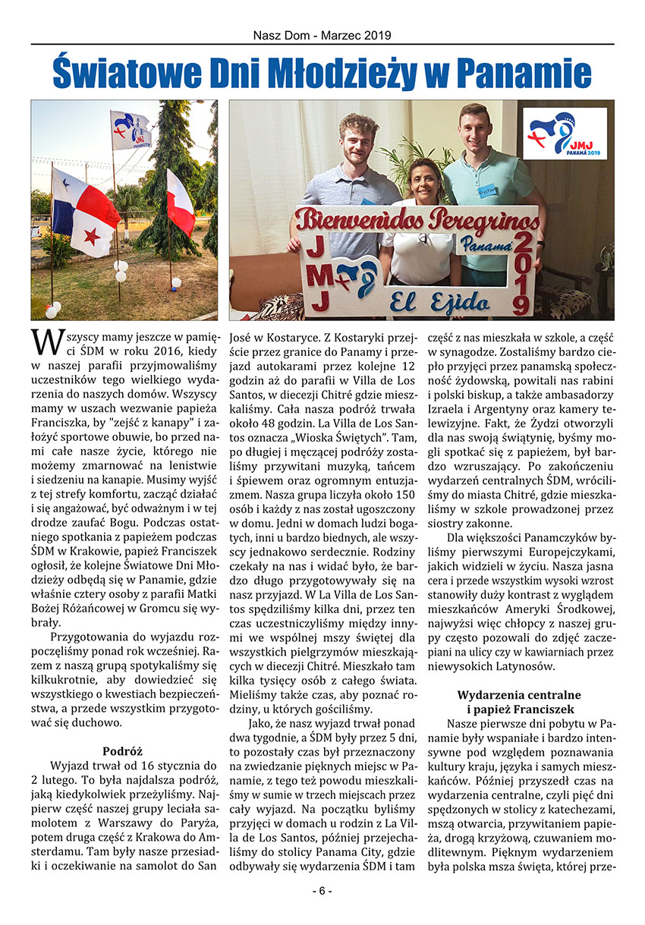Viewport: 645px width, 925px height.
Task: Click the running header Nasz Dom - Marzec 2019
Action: click(x=322, y=35)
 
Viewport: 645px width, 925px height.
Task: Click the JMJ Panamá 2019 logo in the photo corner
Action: click(x=565, y=134)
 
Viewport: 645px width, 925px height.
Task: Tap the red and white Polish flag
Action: click(x=180, y=203)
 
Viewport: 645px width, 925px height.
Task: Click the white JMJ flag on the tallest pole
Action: click(x=131, y=130)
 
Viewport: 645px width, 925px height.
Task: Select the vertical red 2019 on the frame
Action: click(x=522, y=273)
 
